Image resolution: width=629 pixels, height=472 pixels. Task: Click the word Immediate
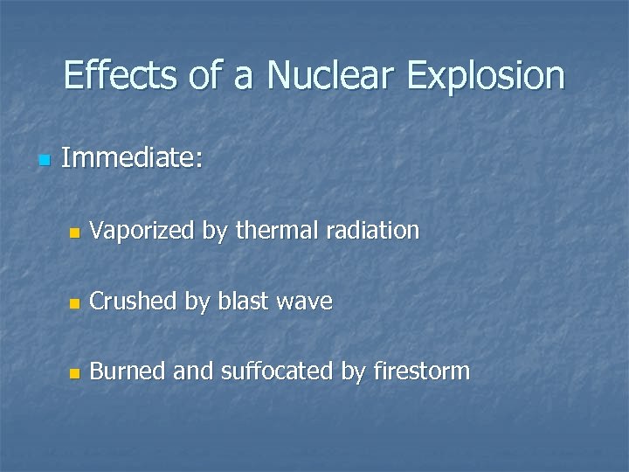pos(132,158)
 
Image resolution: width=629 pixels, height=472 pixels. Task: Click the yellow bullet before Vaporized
pos(74,233)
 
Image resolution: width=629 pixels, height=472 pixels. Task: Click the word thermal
pos(279,231)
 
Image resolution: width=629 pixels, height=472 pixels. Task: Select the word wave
pos(304,302)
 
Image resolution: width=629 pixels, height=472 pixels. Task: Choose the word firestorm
pos(421,371)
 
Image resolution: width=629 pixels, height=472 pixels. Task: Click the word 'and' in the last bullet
pos(192,371)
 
